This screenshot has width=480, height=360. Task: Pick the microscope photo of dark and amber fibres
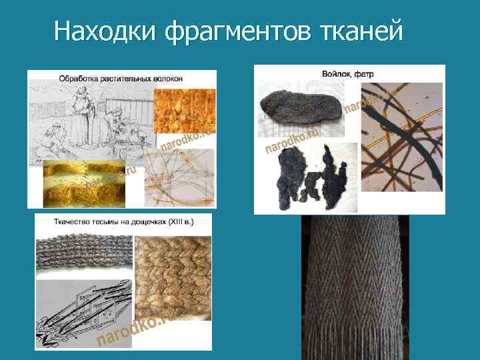(401, 137)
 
